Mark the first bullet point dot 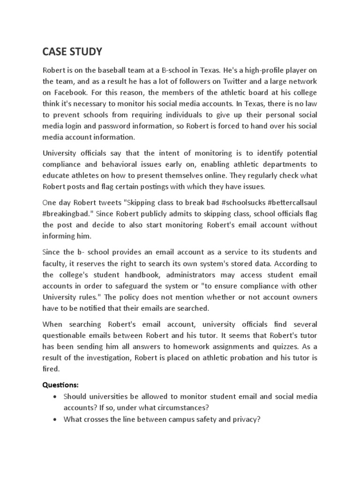[x=56, y=397]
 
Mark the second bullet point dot [x=56, y=420]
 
